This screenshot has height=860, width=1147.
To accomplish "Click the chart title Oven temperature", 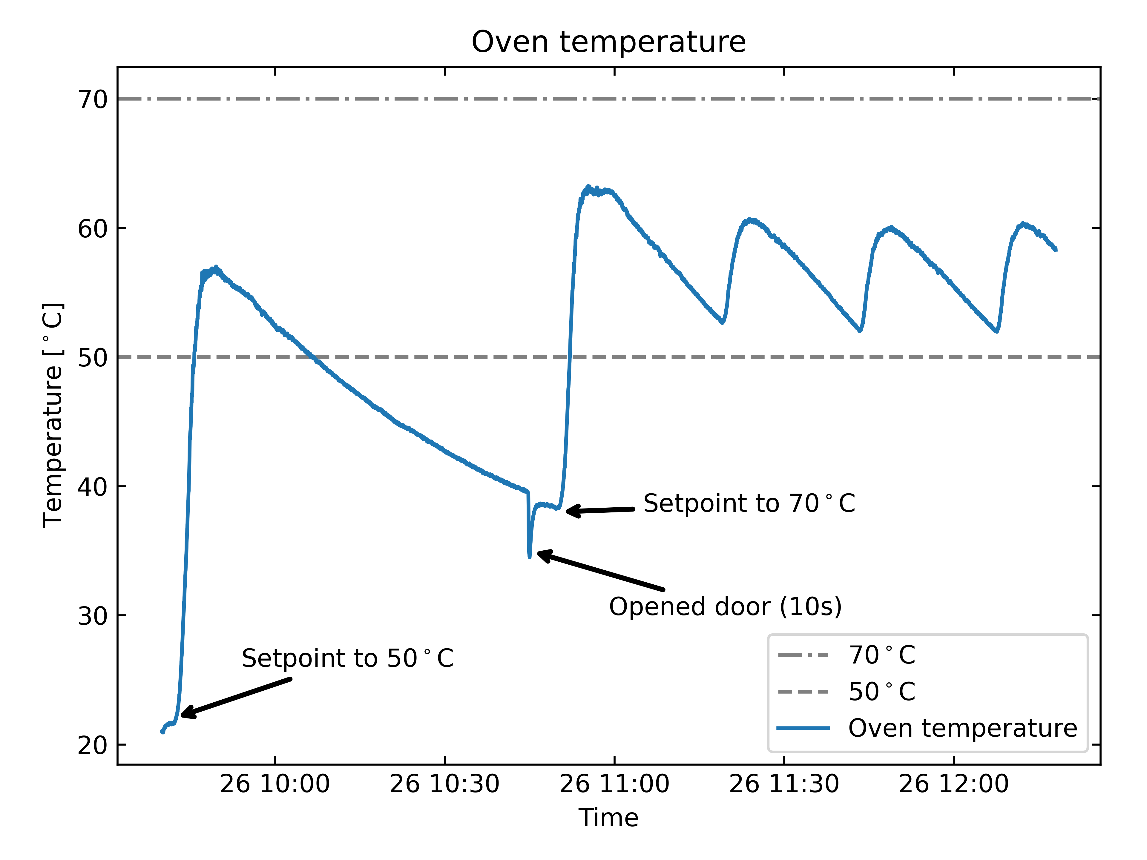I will [608, 42].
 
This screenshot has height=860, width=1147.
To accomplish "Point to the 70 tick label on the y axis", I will [92, 99].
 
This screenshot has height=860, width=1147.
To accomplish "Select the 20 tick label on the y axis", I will [92, 745].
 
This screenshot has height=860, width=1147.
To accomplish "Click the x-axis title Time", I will [608, 818].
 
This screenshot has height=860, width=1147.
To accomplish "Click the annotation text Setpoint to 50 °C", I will [347, 658].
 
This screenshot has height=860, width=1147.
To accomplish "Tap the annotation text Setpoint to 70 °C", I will [749, 503].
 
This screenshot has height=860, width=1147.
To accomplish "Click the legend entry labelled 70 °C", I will [881, 655].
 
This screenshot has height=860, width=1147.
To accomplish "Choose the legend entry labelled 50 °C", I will [881, 692].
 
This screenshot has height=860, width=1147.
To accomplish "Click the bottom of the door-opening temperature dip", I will [529, 556].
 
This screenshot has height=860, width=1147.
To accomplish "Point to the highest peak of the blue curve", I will [588, 187].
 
